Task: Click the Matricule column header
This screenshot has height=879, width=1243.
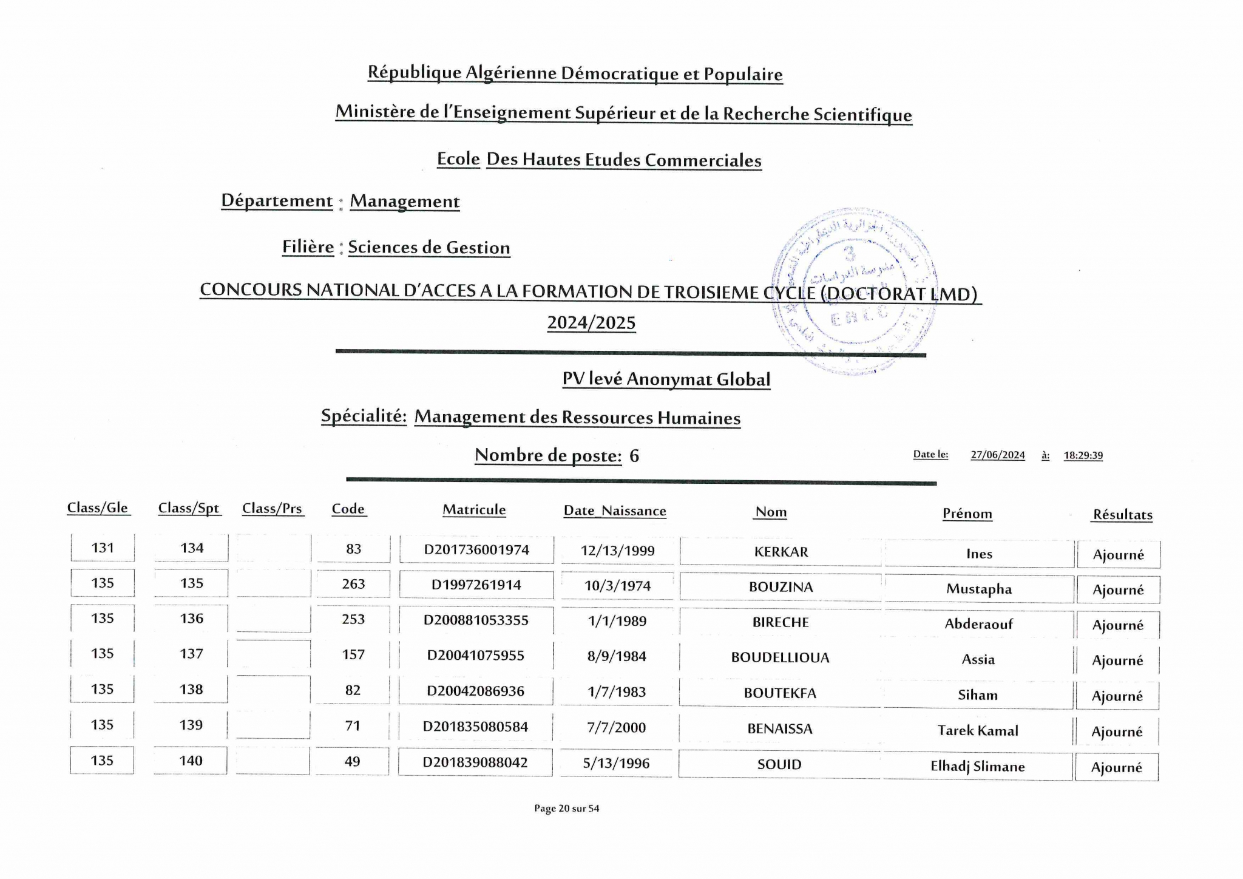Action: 474,510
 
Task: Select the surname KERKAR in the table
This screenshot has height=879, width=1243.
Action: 781,552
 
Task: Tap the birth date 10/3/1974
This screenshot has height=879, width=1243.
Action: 617,586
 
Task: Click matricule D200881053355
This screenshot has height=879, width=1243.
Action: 476,620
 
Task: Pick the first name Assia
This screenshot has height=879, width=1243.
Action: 978,659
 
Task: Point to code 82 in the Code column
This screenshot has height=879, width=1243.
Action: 353,690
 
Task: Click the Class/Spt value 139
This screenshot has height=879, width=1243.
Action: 191,725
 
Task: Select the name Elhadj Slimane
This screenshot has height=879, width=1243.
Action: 977,766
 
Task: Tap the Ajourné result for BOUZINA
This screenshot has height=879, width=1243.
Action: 1118,589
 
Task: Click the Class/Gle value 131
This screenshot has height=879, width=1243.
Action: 103,548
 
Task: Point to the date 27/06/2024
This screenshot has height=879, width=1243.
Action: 997,455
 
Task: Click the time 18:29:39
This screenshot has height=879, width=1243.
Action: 1083,455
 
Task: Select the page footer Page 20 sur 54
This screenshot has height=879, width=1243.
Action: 566,808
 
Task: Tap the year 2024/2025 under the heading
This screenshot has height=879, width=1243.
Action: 591,323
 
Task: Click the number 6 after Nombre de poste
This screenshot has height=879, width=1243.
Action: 634,456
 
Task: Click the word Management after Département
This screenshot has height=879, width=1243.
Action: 405,202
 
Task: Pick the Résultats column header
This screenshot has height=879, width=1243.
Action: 1122,515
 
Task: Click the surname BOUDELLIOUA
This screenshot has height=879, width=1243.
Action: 780,657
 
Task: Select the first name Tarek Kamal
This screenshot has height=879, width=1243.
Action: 977,730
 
